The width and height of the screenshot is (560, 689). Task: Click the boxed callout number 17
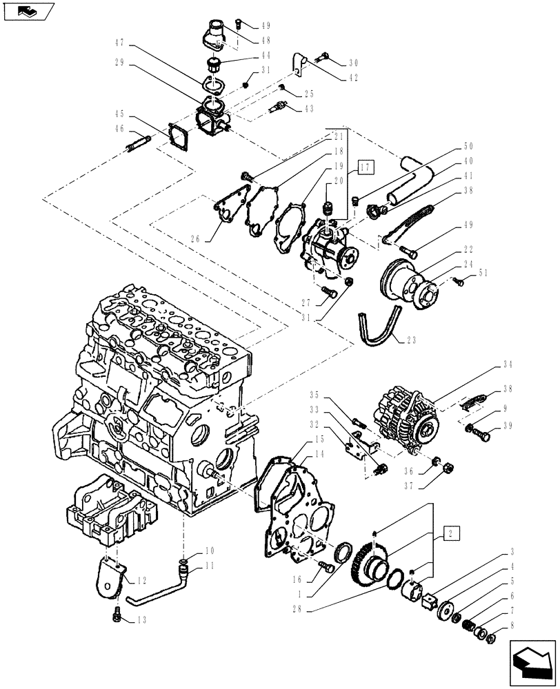point(365,166)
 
